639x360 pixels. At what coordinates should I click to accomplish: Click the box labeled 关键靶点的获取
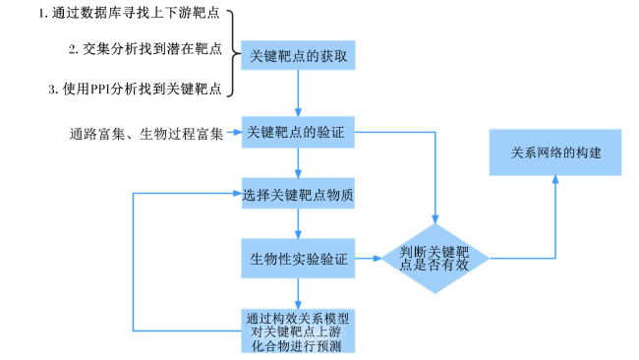click(x=298, y=55)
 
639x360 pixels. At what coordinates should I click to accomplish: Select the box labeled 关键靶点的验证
click(x=298, y=132)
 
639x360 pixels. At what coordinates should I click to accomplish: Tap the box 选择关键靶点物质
click(x=298, y=193)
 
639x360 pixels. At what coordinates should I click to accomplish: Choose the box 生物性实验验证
click(x=298, y=259)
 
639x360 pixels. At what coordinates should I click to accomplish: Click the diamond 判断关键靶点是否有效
click(x=435, y=259)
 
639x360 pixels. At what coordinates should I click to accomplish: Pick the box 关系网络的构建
click(x=555, y=152)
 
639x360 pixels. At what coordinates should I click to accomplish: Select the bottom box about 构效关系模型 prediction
click(x=298, y=330)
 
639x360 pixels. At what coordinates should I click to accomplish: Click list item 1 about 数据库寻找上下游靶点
click(x=129, y=13)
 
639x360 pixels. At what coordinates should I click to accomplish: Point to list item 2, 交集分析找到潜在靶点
click(x=145, y=49)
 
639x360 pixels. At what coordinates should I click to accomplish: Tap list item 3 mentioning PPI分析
click(x=135, y=89)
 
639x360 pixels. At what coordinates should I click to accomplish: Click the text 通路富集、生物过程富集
click(x=146, y=134)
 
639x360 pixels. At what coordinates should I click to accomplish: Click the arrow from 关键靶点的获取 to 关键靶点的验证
click(x=298, y=93)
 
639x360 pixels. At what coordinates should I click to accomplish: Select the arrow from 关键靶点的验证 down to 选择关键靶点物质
click(x=298, y=163)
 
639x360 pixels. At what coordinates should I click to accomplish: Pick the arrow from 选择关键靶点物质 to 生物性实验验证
click(x=298, y=224)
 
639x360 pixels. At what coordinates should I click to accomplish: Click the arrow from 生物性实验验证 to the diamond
click(x=368, y=258)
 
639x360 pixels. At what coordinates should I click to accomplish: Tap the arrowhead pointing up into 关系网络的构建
click(x=555, y=180)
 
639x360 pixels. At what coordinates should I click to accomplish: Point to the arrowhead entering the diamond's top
click(x=435, y=219)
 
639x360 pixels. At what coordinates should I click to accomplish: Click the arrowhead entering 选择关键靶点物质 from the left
click(x=237, y=193)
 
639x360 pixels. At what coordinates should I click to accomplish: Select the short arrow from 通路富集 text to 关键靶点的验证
click(x=234, y=132)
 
